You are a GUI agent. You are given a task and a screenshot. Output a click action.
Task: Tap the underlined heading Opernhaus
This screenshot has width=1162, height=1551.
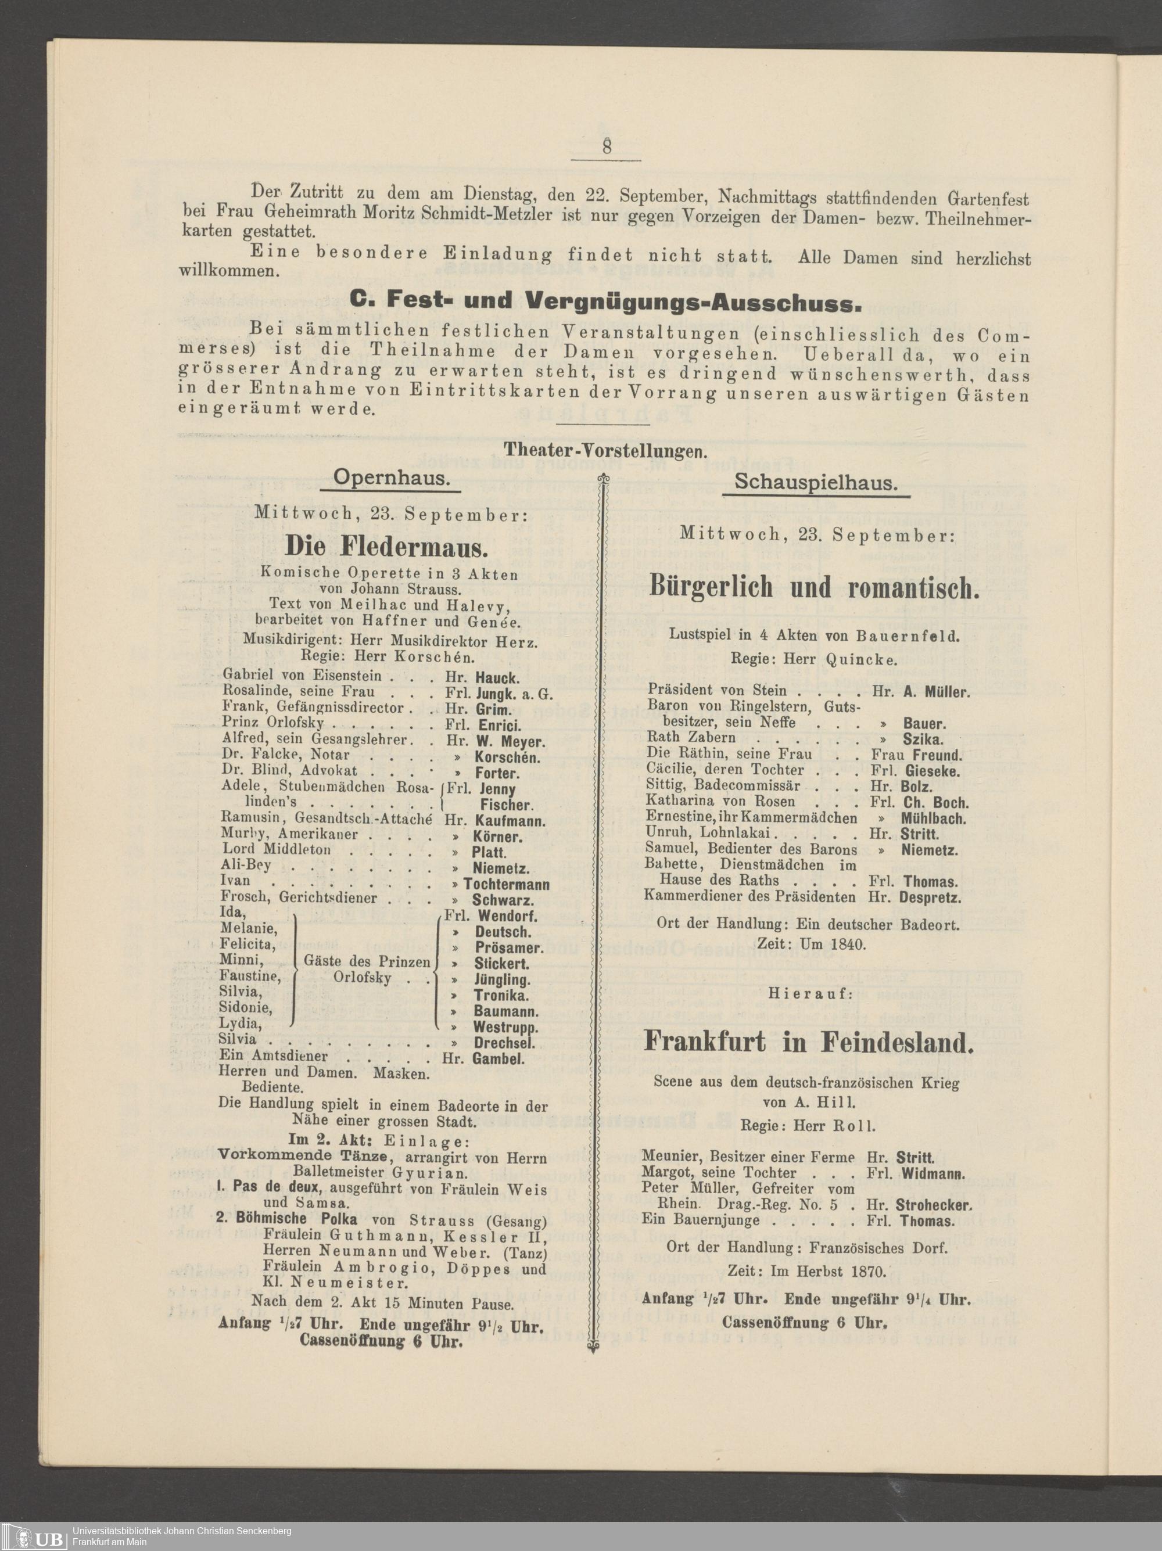click(x=390, y=478)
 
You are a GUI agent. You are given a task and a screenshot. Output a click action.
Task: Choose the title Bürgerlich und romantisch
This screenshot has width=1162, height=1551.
click(x=813, y=586)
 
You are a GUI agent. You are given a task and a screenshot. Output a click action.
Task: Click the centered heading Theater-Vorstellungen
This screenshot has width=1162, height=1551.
click(x=605, y=450)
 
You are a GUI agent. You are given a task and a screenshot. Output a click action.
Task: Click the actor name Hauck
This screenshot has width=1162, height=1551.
click(x=497, y=678)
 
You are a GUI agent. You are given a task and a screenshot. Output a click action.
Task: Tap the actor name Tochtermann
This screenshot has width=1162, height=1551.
click(x=506, y=884)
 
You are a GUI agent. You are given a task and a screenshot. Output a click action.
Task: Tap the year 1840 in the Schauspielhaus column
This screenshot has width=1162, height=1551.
click(x=847, y=945)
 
